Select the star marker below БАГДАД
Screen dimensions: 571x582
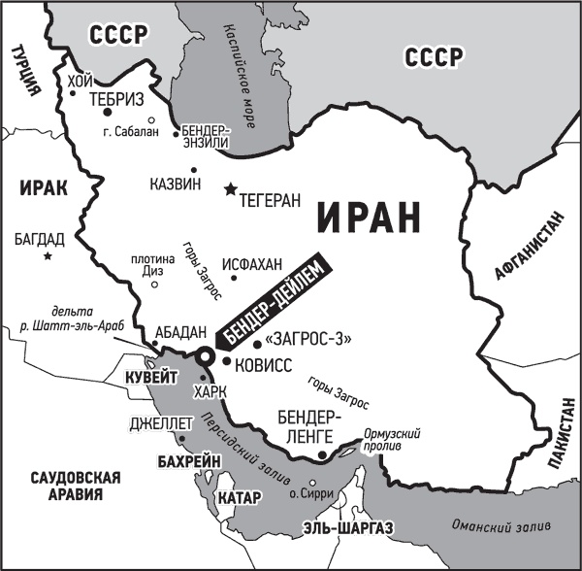click(x=47, y=256)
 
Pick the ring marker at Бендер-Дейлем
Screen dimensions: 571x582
click(x=206, y=358)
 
